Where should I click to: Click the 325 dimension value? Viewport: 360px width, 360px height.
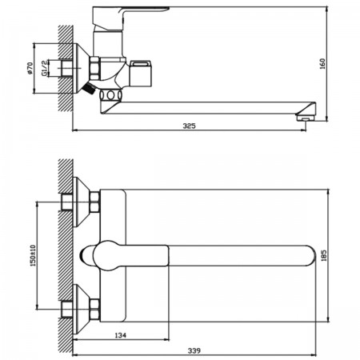click(189, 126)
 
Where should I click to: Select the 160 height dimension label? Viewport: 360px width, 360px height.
click(322, 64)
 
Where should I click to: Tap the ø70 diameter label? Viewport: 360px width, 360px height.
click(30, 68)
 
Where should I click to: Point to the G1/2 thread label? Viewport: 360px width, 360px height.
click(44, 68)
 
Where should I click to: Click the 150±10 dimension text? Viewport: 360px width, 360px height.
click(33, 256)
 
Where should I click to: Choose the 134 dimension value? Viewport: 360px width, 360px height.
click(120, 335)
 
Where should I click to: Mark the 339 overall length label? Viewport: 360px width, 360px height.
click(194, 350)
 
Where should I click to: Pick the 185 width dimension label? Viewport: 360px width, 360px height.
click(324, 255)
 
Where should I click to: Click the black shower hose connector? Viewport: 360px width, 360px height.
click(89, 89)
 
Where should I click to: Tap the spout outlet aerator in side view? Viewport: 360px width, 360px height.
click(306, 118)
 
